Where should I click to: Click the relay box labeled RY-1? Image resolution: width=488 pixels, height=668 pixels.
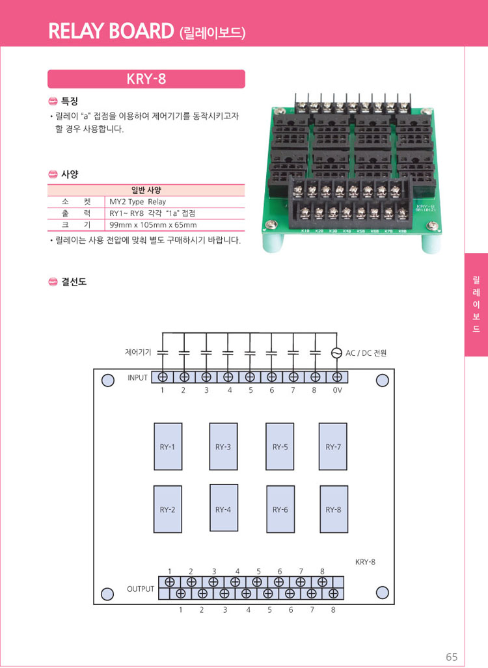pyautogui.click(x=168, y=447)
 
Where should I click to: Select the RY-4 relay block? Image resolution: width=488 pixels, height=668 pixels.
pyautogui.click(x=223, y=509)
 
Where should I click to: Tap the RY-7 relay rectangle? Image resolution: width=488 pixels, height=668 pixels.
pyautogui.click(x=332, y=447)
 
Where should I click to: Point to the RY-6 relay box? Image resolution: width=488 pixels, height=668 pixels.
pyautogui.click(x=280, y=509)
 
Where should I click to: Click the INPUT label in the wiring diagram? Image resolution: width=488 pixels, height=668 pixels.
pyautogui.click(x=137, y=377)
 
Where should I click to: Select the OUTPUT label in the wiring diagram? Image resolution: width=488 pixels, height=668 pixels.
pyautogui.click(x=141, y=589)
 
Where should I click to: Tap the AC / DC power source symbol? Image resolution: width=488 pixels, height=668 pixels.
pyautogui.click(x=336, y=353)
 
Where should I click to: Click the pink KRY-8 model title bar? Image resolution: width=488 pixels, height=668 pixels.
pyautogui.click(x=146, y=79)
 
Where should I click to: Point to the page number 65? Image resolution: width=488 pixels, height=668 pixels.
pyautogui.click(x=452, y=656)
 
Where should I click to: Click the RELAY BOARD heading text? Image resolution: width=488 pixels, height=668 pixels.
pyautogui.click(x=111, y=31)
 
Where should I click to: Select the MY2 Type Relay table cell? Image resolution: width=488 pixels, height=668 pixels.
pyautogui.click(x=138, y=202)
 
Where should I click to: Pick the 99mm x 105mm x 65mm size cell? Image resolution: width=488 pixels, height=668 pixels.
pyautogui.click(x=154, y=224)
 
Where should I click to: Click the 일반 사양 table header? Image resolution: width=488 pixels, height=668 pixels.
pyautogui.click(x=146, y=190)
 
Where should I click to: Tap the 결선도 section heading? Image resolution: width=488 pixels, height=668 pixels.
pyautogui.click(x=74, y=282)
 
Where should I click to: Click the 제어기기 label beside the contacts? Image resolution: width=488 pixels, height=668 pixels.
pyautogui.click(x=138, y=352)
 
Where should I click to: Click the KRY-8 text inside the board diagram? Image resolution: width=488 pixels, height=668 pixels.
pyautogui.click(x=365, y=561)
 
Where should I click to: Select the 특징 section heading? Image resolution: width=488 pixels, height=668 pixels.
pyautogui.click(x=70, y=101)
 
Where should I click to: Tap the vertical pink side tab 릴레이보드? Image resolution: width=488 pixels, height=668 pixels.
pyautogui.click(x=476, y=304)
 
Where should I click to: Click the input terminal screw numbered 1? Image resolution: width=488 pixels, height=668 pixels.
pyautogui.click(x=162, y=377)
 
